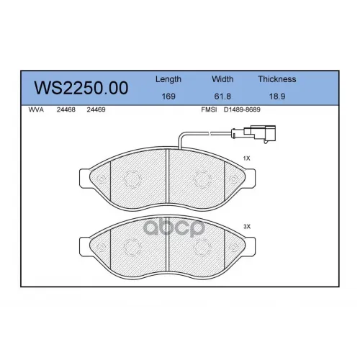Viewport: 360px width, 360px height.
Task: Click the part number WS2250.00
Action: (81, 88)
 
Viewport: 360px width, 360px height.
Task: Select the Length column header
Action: (168, 79)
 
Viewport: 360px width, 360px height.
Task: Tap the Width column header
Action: (222, 79)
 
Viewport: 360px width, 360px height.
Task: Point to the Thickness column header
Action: (277, 79)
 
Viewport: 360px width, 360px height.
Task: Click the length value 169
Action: (168, 96)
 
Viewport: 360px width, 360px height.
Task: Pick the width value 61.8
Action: (222, 96)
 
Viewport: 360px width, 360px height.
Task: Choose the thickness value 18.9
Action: (277, 96)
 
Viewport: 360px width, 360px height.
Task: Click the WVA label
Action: (36, 109)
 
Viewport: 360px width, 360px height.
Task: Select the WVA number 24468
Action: (66, 109)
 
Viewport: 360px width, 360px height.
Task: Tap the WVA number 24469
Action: (96, 109)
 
